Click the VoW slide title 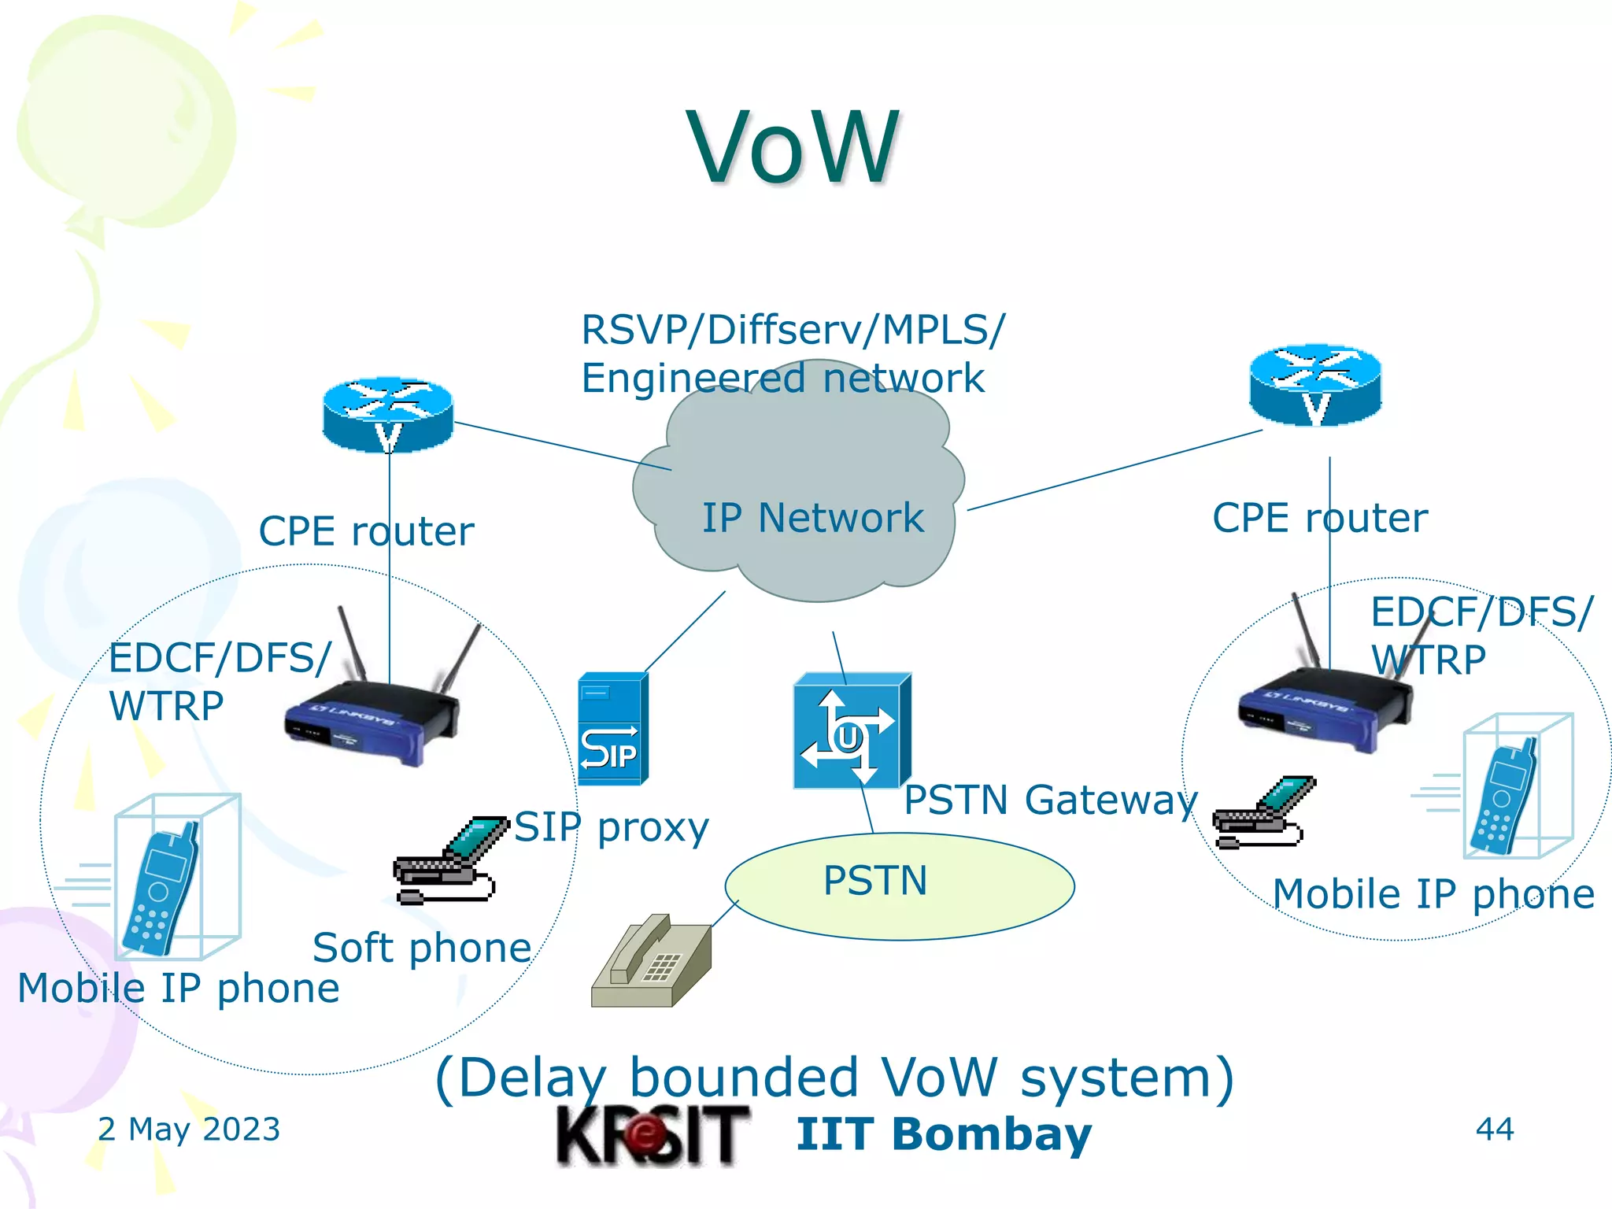793,148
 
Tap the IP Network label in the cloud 812,518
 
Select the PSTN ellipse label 875,880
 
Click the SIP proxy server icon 612,729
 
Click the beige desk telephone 652,962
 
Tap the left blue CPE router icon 388,414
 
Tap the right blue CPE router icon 1315,386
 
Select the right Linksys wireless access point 1322,704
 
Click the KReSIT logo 652,1135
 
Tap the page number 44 1494,1130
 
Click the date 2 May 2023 189,1130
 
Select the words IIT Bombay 943,1135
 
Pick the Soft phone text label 422,948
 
